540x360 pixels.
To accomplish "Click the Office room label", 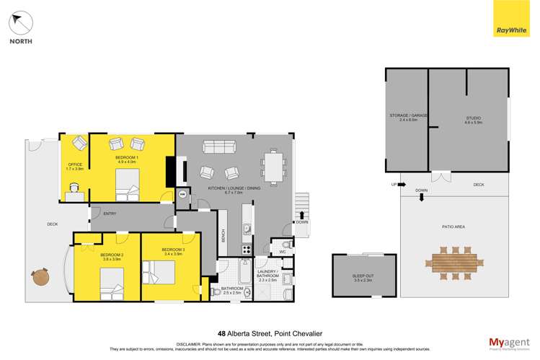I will pos(74,167).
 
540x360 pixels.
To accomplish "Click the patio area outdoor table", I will pos(453,261).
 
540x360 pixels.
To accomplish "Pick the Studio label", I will pos(472,120).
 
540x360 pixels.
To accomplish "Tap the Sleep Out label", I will pos(363,277).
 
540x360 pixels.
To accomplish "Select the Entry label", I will pos(110,213).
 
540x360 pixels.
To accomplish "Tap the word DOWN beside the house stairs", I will pos(301,222).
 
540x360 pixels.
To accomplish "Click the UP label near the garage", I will pos(393,184).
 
